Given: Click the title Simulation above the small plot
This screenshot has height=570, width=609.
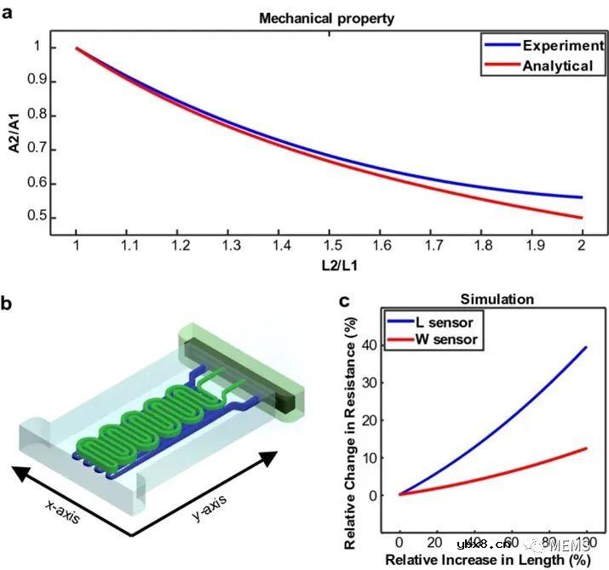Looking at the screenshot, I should pos(497,299).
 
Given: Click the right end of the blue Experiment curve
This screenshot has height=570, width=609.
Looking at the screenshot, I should pos(582,197).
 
